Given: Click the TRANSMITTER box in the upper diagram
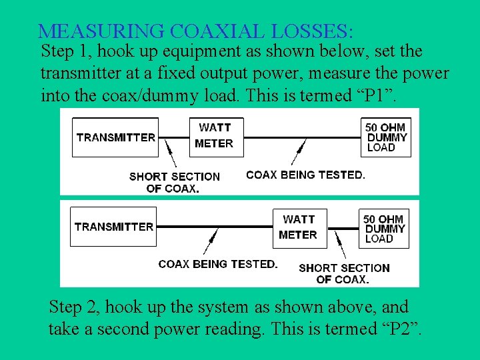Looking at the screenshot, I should point(115,137).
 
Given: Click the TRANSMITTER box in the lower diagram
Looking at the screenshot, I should point(114,227).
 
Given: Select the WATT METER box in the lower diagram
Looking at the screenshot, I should point(298,227).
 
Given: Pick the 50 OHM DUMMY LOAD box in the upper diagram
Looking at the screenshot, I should point(387,137).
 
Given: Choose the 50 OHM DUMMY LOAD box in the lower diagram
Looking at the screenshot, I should point(384,228).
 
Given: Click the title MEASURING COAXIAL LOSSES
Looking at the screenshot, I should point(196,31).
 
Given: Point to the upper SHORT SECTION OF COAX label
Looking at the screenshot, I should point(173,182).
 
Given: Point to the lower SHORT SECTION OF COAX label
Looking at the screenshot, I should point(344,273).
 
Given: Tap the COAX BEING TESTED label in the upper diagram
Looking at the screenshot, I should point(305,175).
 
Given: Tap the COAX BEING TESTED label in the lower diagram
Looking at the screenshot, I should point(218,264).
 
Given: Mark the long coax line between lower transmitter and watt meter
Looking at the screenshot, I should point(213,227).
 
